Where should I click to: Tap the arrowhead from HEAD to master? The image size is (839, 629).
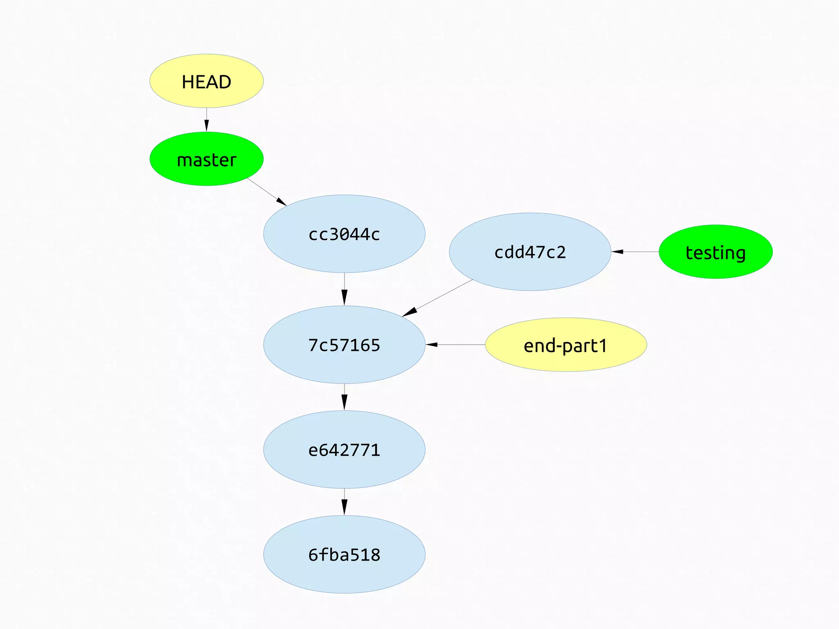point(206,126)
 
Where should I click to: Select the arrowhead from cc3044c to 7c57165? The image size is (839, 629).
point(344,297)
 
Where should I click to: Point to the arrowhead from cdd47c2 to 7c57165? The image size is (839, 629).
point(410,312)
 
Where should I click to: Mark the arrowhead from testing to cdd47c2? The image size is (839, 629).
point(617,252)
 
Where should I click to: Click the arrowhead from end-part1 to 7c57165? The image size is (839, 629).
point(431,345)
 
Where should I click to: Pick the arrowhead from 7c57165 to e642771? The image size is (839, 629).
point(344,402)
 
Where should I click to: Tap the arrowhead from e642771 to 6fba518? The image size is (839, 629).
point(344,507)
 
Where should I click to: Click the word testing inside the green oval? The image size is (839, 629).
point(716,252)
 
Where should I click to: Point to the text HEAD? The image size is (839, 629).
point(206,82)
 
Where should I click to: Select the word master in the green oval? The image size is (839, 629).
point(206,160)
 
